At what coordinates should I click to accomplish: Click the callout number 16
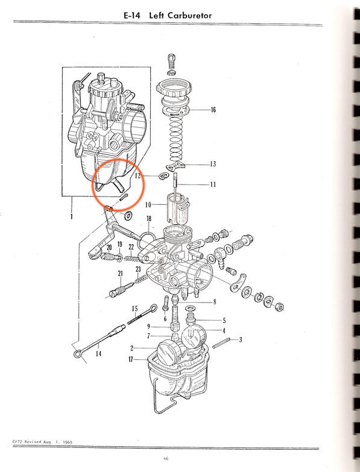213,110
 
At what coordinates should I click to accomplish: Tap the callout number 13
213,164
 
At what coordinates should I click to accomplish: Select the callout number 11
213,184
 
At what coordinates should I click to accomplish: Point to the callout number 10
148,206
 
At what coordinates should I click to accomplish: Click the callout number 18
149,219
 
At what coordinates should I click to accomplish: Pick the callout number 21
121,273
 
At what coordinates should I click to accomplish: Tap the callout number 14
98,353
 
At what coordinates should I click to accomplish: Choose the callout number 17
131,359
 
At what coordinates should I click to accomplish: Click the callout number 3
241,340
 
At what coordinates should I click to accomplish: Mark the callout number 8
215,301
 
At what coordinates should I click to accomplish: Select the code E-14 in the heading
132,15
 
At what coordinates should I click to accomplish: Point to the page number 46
166,459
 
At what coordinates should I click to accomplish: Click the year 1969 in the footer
68,442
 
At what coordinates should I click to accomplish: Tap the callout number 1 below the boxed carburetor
71,216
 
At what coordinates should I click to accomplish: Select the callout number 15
135,309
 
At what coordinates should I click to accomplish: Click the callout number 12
137,175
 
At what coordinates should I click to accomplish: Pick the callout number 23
138,269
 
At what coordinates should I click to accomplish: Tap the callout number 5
224,320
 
